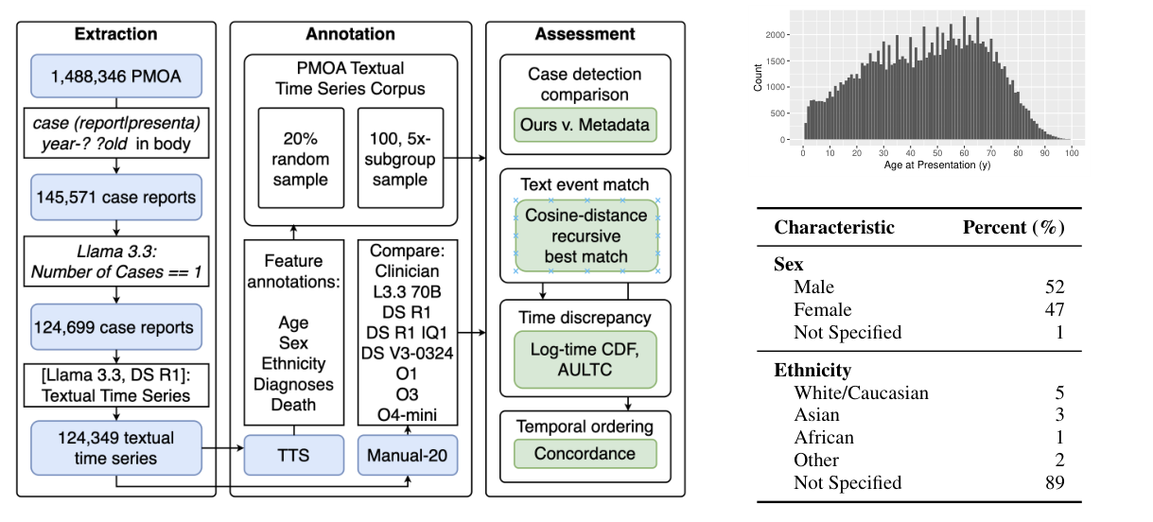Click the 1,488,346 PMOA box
(115, 76)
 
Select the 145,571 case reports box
(115, 197)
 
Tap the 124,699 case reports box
(115, 327)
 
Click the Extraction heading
(115, 34)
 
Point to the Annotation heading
(350, 34)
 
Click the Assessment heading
(585, 34)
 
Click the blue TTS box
(291, 454)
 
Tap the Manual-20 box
(408, 454)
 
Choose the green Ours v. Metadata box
(585, 125)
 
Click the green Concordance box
(585, 454)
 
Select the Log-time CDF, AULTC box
(585, 358)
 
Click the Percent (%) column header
(1013, 228)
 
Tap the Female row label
(822, 309)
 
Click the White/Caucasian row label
(861, 392)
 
